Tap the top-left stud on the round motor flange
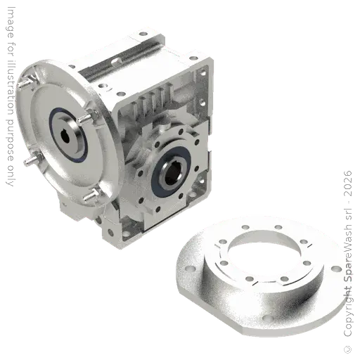(29, 82)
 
